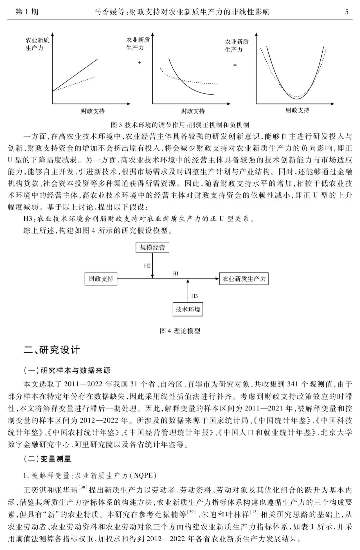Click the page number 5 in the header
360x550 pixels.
click(347, 12)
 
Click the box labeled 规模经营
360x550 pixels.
click(152, 247)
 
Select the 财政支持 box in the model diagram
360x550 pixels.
click(101, 279)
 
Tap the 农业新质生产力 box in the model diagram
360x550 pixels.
click(244, 279)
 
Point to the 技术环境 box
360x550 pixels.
click(188, 309)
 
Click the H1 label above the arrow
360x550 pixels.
click(175, 273)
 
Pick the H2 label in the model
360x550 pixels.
click(147, 265)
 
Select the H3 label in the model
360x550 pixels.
click(194, 296)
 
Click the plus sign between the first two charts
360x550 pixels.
click(139, 62)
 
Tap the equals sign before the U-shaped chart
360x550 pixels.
click(235, 65)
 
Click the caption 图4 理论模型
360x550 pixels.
click(180, 331)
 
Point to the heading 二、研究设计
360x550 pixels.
click(52, 350)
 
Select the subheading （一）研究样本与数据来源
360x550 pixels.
click(67, 370)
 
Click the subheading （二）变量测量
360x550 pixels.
click(47, 459)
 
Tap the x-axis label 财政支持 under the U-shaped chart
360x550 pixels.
click(297, 110)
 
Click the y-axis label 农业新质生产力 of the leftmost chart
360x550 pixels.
click(37, 44)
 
